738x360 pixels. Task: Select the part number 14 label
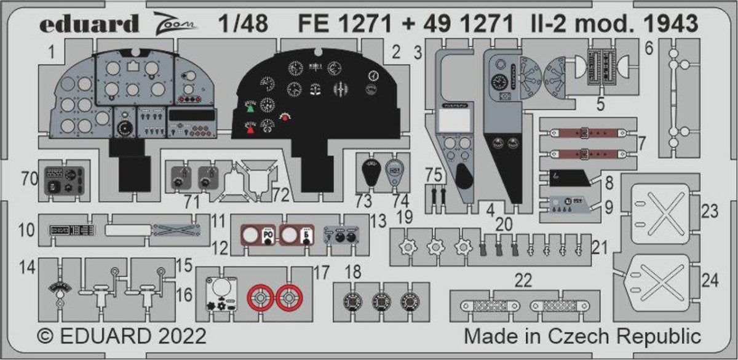click(x=25, y=268)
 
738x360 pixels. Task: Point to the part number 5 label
click(x=600, y=104)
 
